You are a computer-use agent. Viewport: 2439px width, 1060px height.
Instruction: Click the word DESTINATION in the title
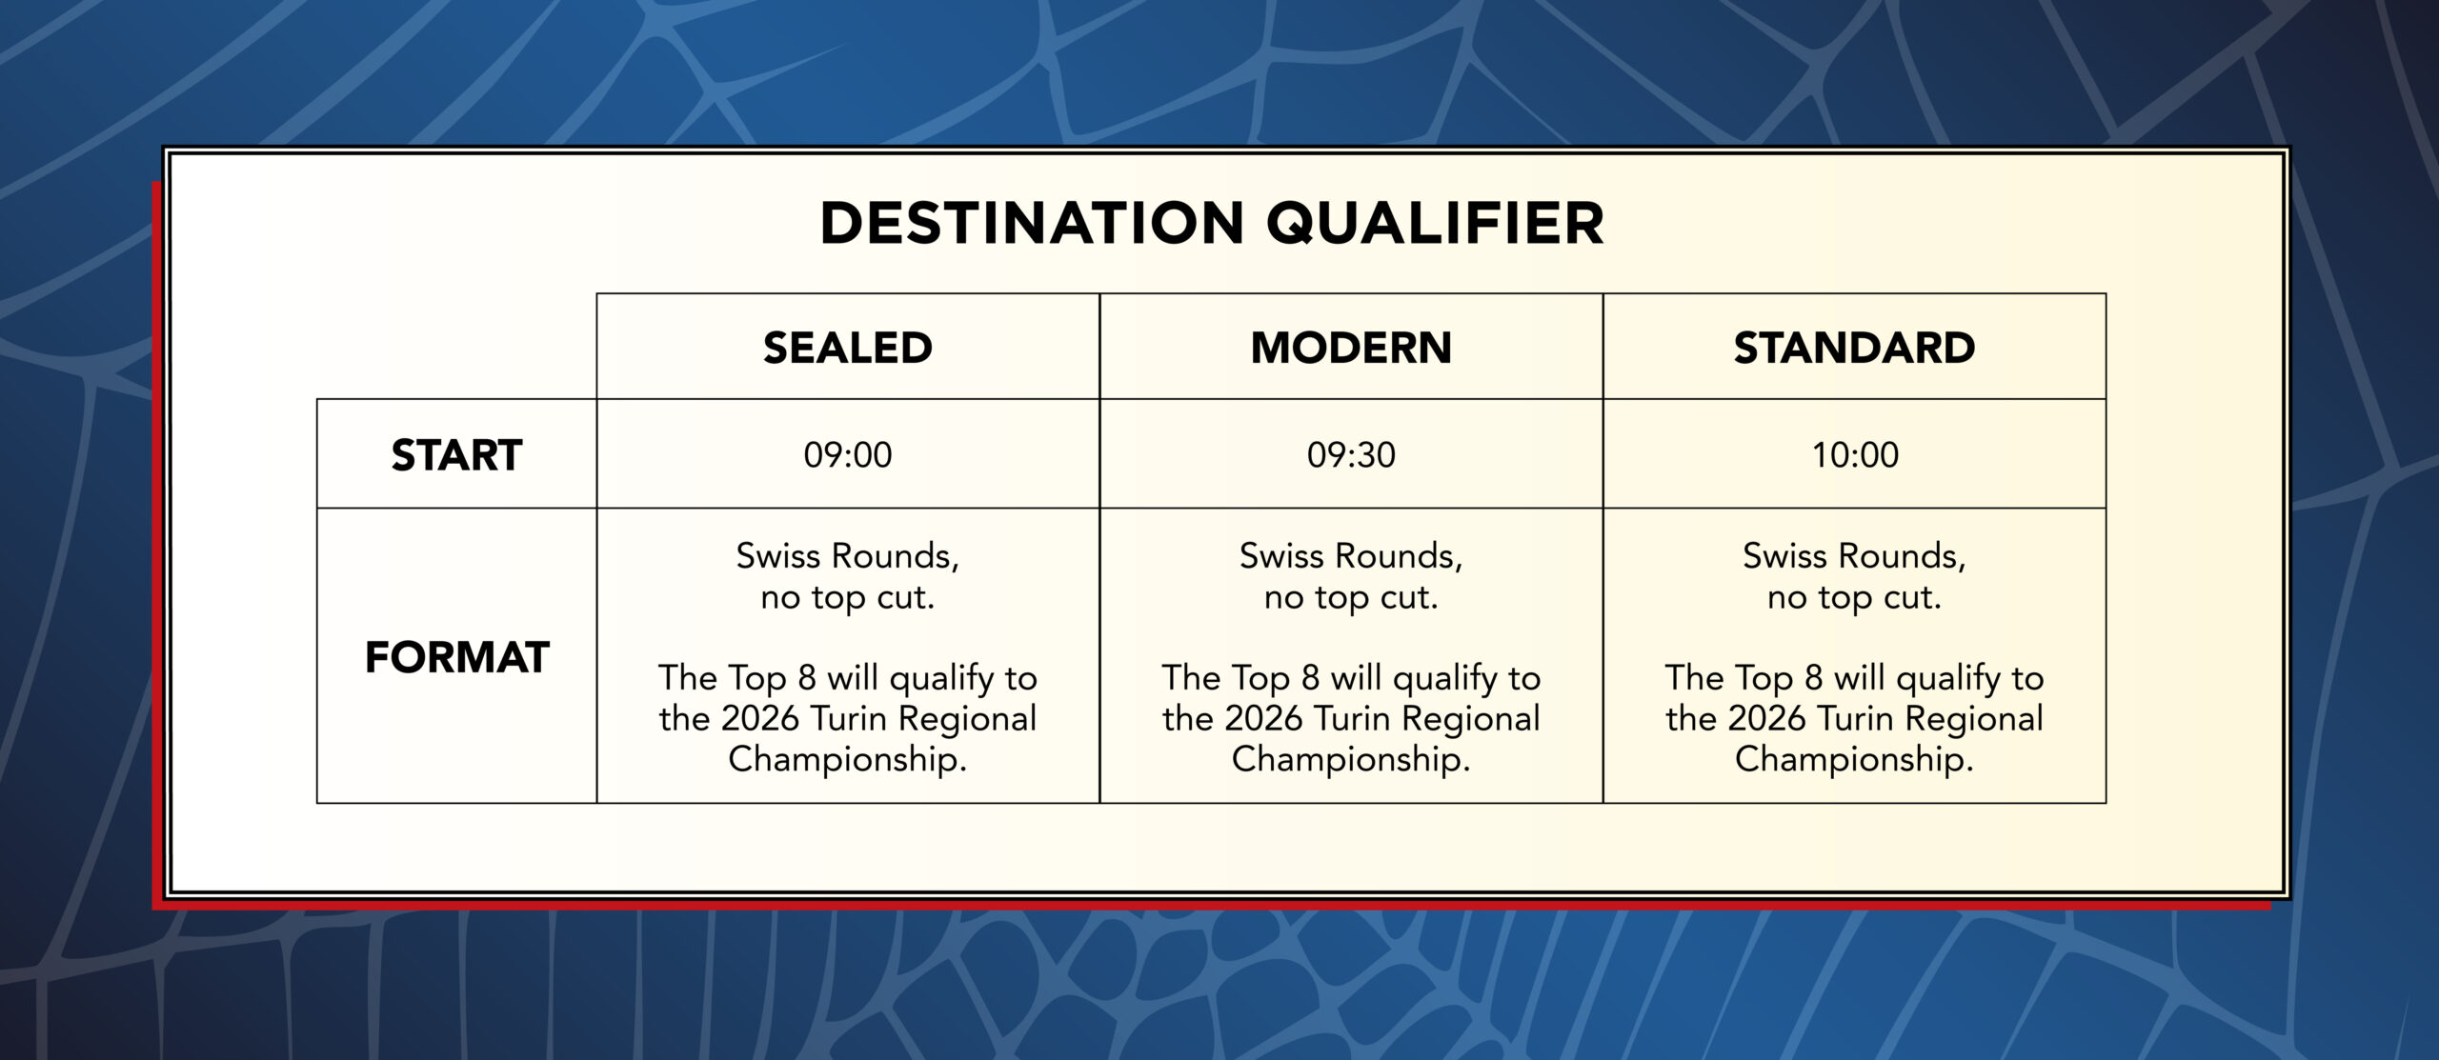[1032, 223]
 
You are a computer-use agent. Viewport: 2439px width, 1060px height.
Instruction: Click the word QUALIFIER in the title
[1435, 225]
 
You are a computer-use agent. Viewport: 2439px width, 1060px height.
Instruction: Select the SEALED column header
[847, 348]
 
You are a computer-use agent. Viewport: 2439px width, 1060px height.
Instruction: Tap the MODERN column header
[1351, 348]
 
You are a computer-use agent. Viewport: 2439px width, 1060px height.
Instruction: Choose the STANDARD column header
[1854, 348]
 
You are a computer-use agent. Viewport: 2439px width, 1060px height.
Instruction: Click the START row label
[456, 455]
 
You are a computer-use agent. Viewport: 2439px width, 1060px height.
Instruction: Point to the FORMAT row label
[456, 657]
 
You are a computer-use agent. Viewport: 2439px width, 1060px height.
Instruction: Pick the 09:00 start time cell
[847, 455]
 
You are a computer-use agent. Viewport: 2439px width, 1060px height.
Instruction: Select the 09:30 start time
[1351, 455]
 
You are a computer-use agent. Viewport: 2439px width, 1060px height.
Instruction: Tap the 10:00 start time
[1855, 455]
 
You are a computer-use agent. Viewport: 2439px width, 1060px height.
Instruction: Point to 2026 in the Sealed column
[759, 719]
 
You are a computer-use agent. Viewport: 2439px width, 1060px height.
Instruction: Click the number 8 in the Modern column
[1310, 678]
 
